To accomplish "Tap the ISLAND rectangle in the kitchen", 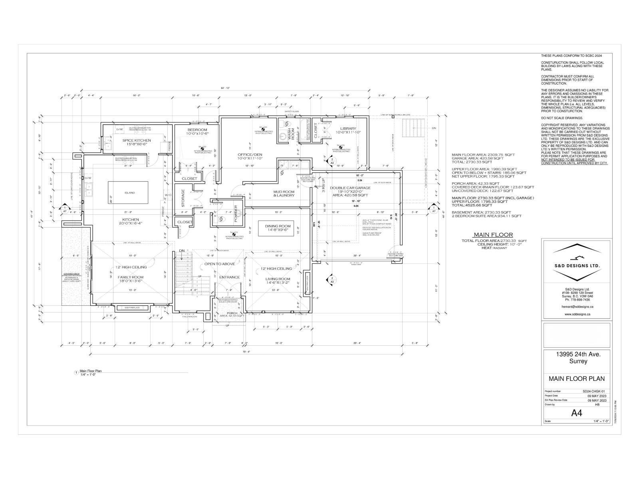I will (128, 193).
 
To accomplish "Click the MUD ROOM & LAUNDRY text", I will (284, 194).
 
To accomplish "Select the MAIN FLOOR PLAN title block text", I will (576, 379).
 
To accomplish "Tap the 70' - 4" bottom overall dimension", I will (246, 352).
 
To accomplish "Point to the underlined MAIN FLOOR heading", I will (493, 235).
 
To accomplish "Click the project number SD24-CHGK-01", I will (594, 392).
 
